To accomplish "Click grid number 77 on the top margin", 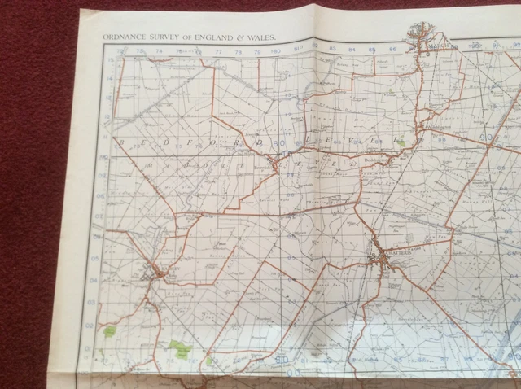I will click(217, 54).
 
